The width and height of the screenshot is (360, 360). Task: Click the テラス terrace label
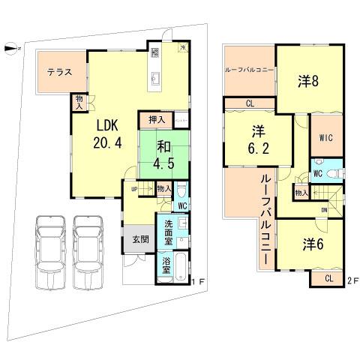59,73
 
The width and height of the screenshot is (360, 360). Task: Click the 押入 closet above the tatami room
155,119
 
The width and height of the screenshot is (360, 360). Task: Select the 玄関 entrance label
139,240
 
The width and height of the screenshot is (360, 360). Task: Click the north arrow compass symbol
9,49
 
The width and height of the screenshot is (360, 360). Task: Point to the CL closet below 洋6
328,278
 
